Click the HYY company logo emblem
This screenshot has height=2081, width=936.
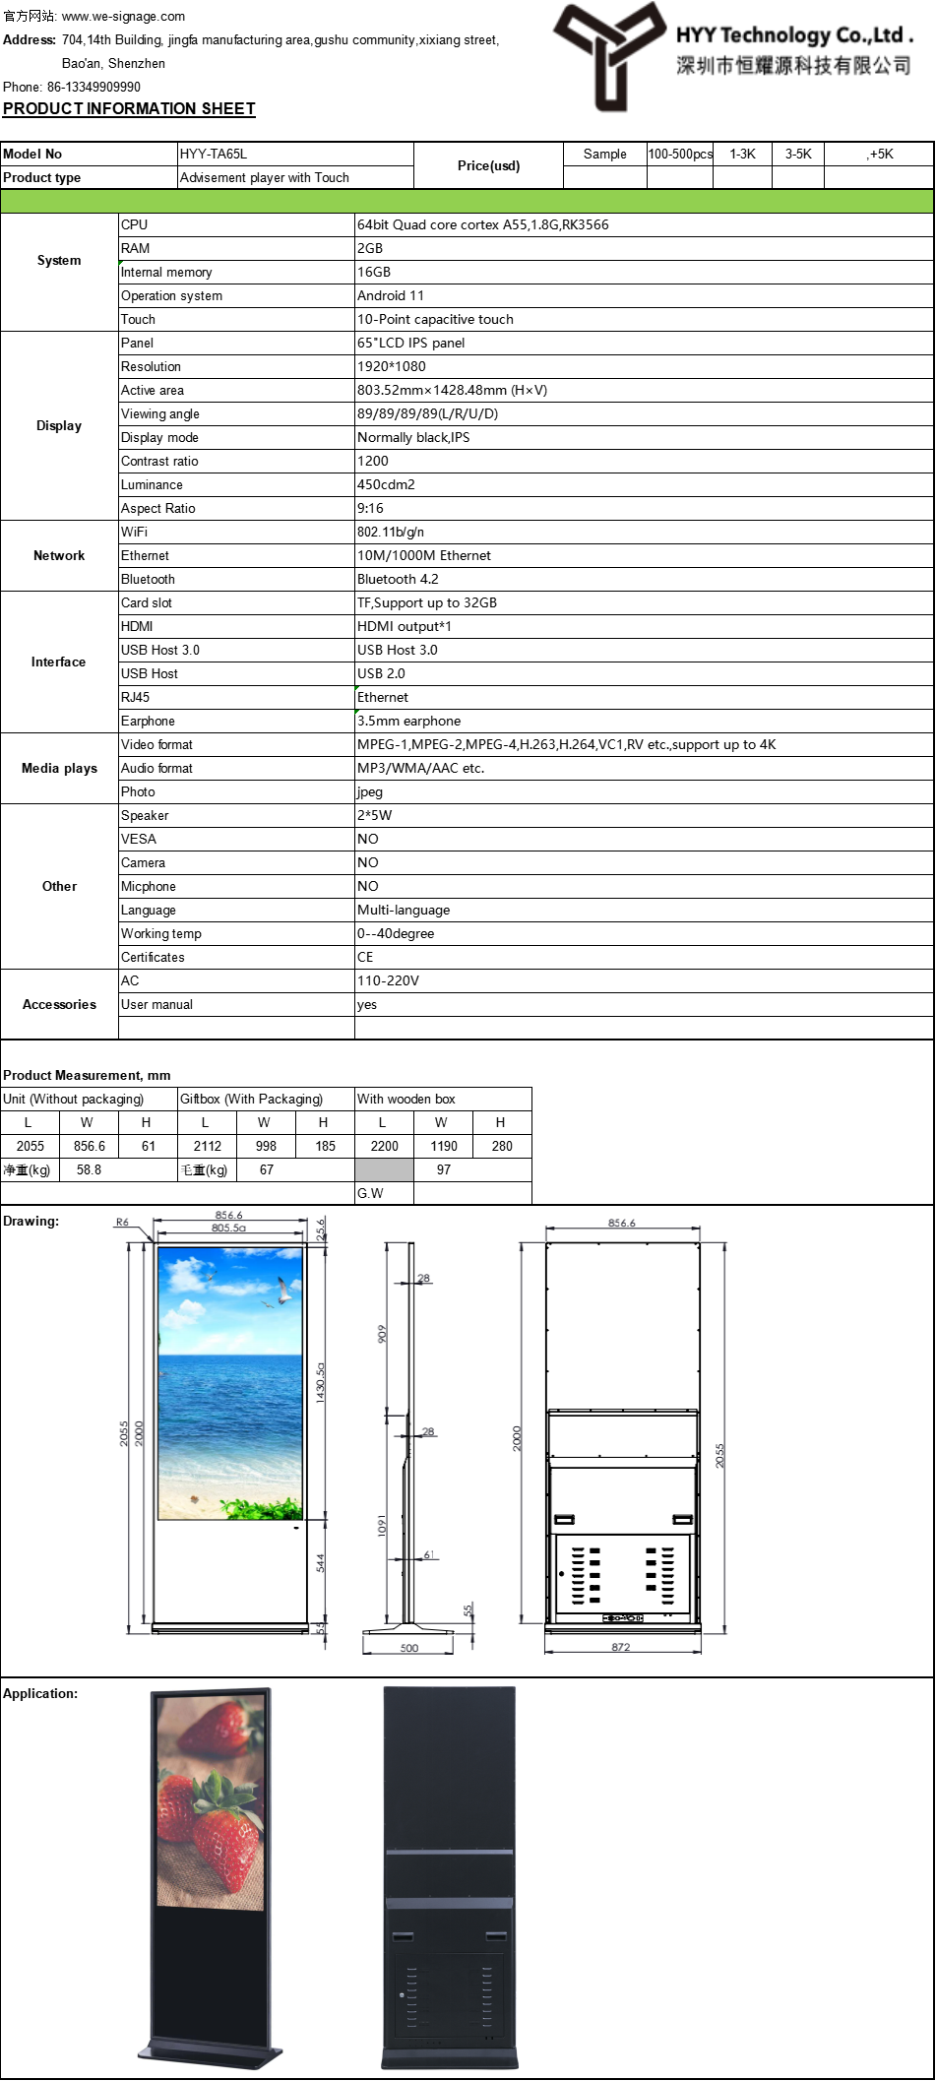[609, 53]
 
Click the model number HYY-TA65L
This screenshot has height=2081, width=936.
[214, 154]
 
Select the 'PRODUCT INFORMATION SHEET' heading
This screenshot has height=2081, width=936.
[129, 108]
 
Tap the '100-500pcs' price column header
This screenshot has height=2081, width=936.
[680, 154]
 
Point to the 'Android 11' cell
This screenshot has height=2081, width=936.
[391, 295]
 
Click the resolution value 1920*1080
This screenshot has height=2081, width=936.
[392, 366]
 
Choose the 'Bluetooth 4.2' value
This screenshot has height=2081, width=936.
[398, 579]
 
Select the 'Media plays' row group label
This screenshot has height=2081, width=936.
[59, 768]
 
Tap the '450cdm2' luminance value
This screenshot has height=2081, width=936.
[386, 484]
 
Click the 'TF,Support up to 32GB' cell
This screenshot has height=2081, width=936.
[427, 602]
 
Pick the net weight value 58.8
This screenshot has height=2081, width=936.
[89, 1169]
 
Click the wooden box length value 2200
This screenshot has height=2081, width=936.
[384, 1146]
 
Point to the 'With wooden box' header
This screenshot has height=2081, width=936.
[406, 1099]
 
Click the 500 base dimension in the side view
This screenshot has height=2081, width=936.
[409, 1648]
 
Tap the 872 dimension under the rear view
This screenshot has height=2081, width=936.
[621, 1647]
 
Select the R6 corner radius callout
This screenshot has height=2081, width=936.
[122, 1222]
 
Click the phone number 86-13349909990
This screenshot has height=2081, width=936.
[94, 87]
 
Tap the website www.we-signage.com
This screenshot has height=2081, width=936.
[123, 16]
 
